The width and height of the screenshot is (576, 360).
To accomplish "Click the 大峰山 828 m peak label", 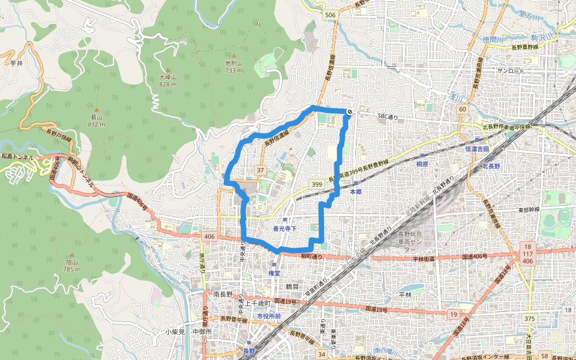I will (x=167, y=80).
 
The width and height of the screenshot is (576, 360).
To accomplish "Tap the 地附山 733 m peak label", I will (x=233, y=66).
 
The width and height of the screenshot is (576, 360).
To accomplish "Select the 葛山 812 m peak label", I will (x=96, y=121).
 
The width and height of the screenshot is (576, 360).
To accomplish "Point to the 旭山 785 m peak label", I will (x=71, y=266).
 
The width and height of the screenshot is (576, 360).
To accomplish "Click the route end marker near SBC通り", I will (x=349, y=112).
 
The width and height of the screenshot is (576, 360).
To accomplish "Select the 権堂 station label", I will (x=275, y=272).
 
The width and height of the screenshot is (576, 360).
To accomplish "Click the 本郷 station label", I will (x=355, y=191).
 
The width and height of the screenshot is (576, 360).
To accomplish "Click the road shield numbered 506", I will (x=329, y=15).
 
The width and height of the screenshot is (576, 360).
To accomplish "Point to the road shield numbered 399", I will (x=317, y=184).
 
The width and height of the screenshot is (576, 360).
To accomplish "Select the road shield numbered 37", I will (x=260, y=171).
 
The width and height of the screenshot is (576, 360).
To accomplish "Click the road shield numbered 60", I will (x=462, y=109).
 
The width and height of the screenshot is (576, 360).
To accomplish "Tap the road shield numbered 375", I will (x=529, y=318).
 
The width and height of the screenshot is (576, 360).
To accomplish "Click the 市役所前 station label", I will (x=268, y=316).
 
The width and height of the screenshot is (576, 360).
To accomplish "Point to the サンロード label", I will (x=511, y=71).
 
